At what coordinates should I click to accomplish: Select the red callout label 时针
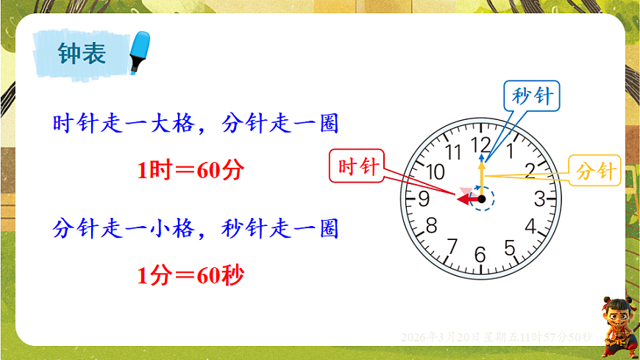coord(358,166)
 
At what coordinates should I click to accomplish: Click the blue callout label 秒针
coord(533,96)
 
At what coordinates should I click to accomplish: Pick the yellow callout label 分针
coord(596,172)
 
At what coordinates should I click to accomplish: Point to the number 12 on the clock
coord(481,144)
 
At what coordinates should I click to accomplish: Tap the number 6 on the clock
coord(480,255)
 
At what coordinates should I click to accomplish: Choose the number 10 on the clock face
coord(435,172)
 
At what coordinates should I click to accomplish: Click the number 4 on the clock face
coord(530,226)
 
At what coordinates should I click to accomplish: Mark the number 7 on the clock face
coord(453,246)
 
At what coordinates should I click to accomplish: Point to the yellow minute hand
coord(482,177)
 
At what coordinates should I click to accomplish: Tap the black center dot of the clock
coord(482,199)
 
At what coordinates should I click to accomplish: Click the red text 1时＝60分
coord(190,171)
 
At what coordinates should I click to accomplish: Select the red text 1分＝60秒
coord(190,276)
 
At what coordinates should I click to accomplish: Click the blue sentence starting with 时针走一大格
coord(196,124)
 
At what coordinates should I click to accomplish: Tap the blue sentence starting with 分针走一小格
coord(196,229)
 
